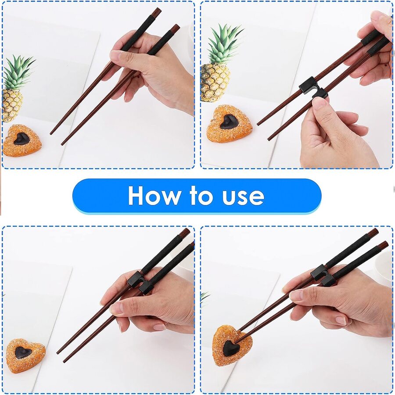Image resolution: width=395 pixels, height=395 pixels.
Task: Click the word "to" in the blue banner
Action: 201,196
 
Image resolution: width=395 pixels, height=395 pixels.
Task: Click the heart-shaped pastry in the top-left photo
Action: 22,140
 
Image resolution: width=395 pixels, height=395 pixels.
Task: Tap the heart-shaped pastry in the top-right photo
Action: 229,124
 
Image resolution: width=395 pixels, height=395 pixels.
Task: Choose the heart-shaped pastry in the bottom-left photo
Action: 25,355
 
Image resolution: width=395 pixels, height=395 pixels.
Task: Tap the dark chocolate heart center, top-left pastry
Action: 22,139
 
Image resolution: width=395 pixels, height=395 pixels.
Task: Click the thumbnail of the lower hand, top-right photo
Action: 319,103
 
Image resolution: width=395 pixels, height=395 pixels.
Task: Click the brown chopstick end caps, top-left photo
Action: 166,20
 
